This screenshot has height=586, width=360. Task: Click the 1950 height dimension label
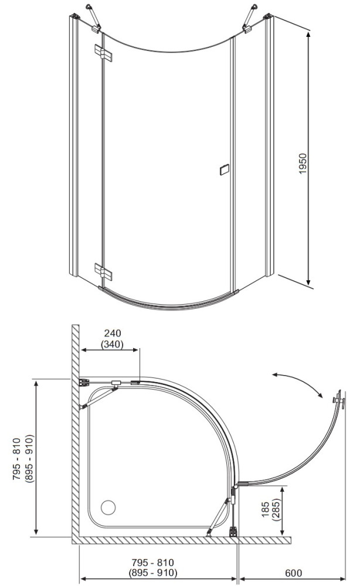pyautogui.click(x=303, y=163)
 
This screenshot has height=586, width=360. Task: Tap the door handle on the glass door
pyautogui.click(x=225, y=169)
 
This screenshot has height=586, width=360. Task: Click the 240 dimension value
pyautogui.click(x=113, y=333)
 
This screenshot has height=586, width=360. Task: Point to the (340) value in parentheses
pyautogui.click(x=113, y=344)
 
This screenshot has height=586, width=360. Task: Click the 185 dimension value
pyautogui.click(x=264, y=509)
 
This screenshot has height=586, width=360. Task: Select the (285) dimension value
pyautogui.click(x=276, y=509)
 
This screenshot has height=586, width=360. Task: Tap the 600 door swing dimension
pyautogui.click(x=293, y=573)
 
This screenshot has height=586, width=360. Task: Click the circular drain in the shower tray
pyautogui.click(x=108, y=507)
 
